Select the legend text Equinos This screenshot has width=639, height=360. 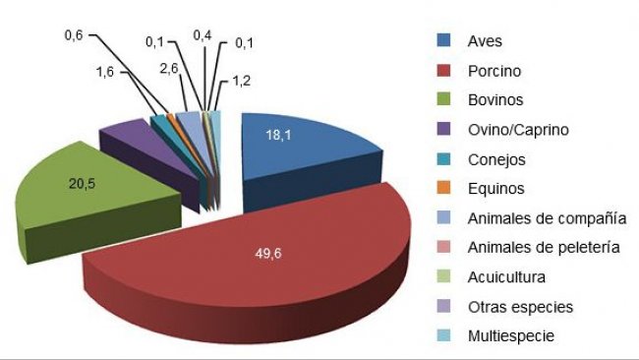tap(496, 189)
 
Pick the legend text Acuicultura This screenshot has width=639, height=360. tap(507, 277)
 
